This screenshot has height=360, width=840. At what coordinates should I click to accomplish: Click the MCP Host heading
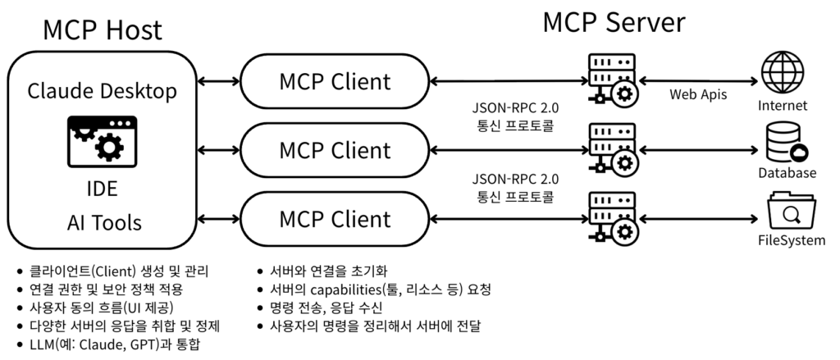click(103, 30)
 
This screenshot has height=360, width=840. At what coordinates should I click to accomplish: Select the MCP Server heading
click(614, 22)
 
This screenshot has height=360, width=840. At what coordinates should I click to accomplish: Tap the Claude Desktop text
click(103, 91)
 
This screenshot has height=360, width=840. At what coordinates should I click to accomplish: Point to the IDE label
click(102, 189)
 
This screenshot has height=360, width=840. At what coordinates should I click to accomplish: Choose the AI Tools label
click(102, 222)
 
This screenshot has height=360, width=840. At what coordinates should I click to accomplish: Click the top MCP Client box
click(335, 82)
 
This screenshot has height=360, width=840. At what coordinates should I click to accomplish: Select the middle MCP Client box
click(335, 150)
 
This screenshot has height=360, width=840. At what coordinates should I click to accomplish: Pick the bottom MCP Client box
click(335, 219)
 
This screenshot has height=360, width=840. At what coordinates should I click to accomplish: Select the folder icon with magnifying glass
click(789, 212)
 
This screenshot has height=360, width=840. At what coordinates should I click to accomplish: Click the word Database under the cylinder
click(787, 173)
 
